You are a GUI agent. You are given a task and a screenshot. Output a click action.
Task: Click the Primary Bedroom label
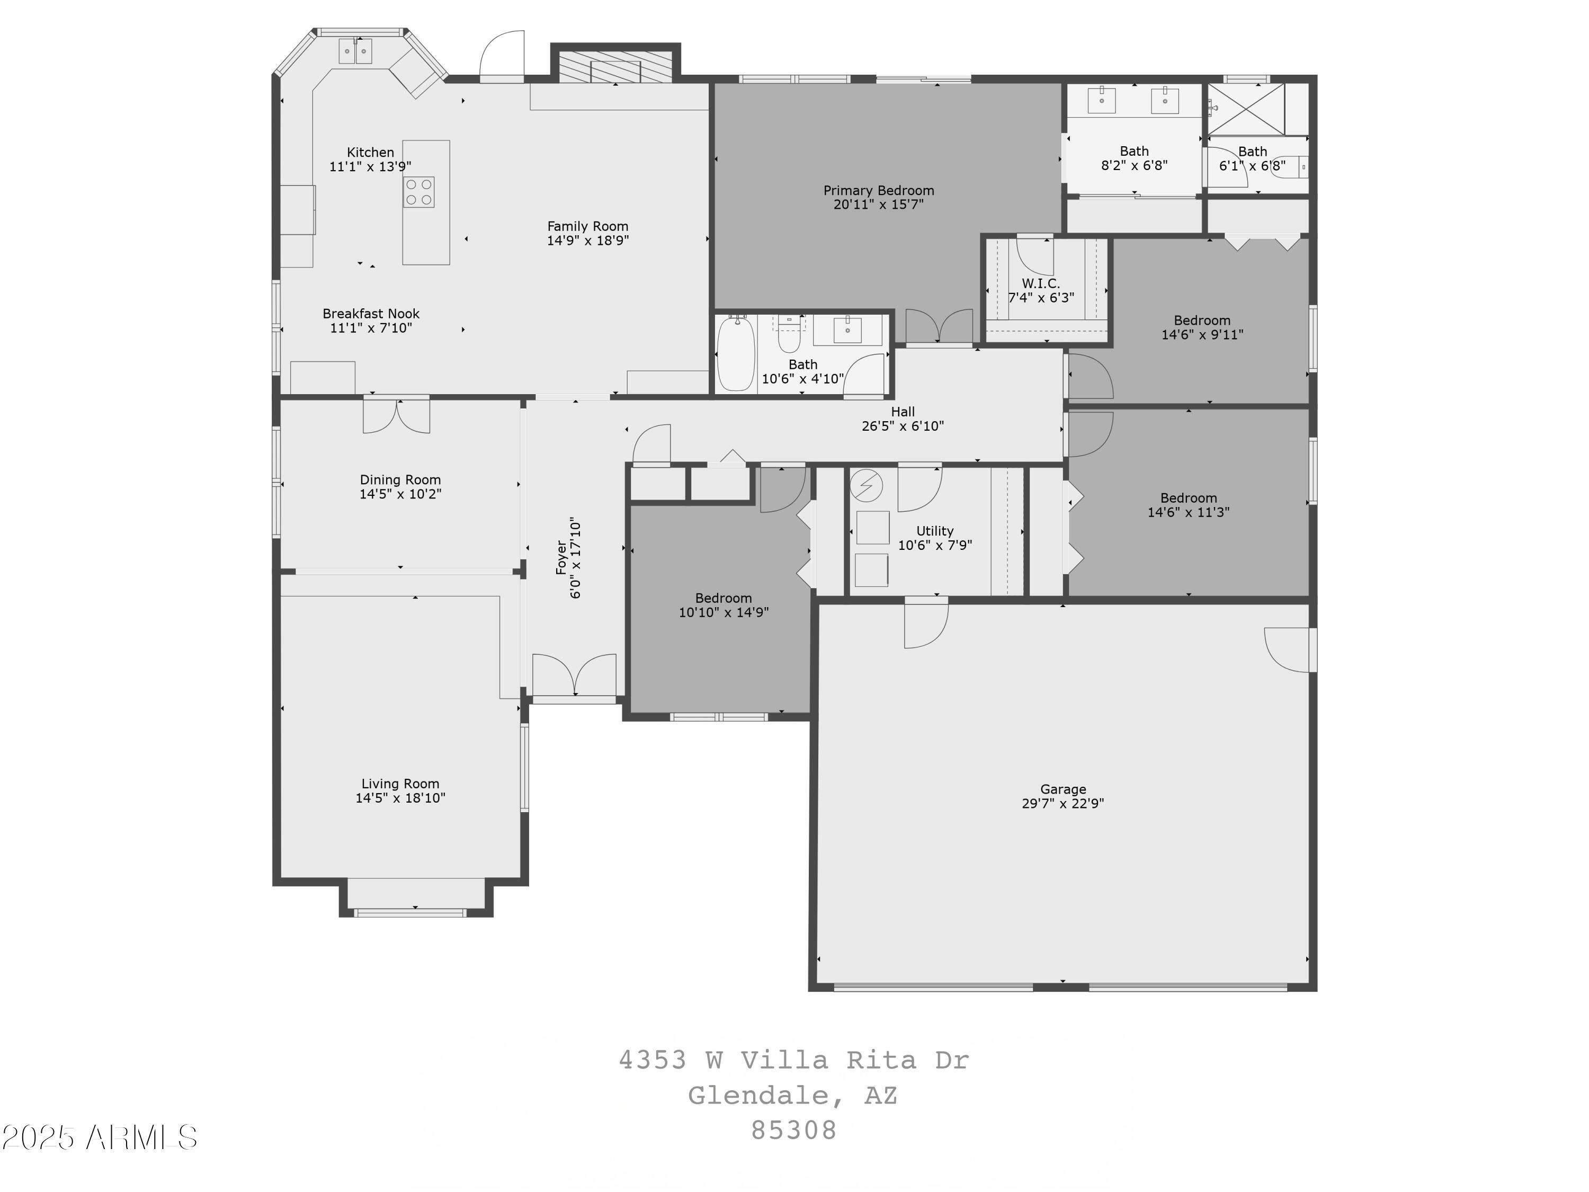pos(879,190)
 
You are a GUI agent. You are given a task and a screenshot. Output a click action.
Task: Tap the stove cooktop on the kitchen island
pos(419,192)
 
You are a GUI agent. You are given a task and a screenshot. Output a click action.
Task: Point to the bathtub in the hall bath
pos(736,353)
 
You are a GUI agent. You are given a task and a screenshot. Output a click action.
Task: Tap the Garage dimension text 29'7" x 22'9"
pos(1063,803)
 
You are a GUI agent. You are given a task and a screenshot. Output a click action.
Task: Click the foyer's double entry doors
pos(574,675)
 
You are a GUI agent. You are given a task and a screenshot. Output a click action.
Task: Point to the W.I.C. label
pos(1041,283)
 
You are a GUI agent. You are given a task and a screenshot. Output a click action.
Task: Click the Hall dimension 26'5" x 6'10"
pos(902,425)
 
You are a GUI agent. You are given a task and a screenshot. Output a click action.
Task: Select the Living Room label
pos(400,784)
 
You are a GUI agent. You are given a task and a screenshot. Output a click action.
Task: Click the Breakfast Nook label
pos(371,314)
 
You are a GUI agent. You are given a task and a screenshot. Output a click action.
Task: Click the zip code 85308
pos(794,1130)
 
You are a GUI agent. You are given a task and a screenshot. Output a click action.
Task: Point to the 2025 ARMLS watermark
pos(100,1137)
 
